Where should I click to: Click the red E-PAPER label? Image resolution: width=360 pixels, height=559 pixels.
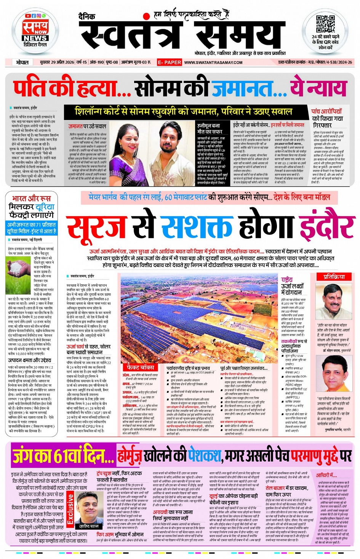pyautogui.click(x=169, y=62)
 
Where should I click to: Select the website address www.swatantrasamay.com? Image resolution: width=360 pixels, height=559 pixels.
pyautogui.click(x=213, y=62)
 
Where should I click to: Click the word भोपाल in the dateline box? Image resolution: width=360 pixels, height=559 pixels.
pyautogui.click(x=22, y=62)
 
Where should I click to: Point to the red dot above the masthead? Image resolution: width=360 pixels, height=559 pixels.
pyautogui.click(x=146, y=16)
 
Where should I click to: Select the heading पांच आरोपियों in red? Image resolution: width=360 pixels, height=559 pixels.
pyautogui.click(x=326, y=112)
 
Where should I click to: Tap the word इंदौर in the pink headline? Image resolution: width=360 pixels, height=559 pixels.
pyautogui.click(x=324, y=228)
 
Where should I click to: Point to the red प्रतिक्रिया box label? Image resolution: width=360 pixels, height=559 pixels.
pyautogui.click(x=334, y=277)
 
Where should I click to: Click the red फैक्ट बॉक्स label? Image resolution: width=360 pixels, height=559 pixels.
pyautogui.click(x=141, y=367)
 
